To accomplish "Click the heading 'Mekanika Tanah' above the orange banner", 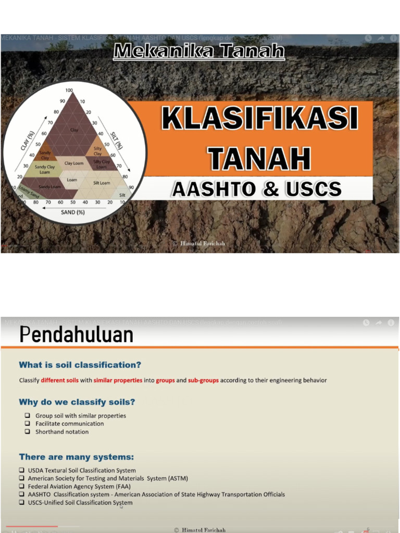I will [x=199, y=52].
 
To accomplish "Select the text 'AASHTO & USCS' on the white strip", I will [x=257, y=188].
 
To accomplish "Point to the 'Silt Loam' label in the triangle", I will [x=102, y=183].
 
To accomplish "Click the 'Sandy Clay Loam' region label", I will [x=45, y=169].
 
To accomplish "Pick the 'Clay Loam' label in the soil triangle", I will [x=74, y=163].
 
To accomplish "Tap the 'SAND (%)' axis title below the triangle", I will [x=73, y=212].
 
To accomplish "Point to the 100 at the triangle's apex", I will [x=69, y=91].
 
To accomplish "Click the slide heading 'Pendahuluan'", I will [x=76, y=335].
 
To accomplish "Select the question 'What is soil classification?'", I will [x=80, y=365].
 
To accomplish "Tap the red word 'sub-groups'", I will [x=203, y=380].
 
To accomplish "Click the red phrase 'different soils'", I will [x=60, y=380].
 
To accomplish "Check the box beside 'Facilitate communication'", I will [x=27, y=424].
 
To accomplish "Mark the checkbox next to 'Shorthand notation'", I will [x=27, y=432].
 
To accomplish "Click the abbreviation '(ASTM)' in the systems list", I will [x=178, y=478].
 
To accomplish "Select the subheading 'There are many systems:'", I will [x=77, y=457].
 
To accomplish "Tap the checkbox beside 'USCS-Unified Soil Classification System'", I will [x=22, y=503].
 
